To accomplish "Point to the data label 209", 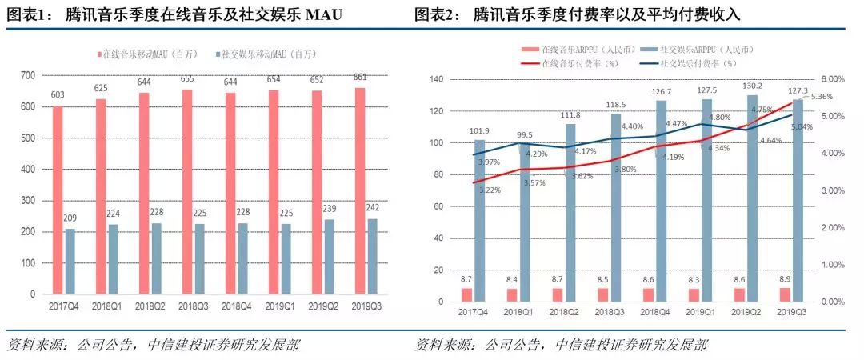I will (x=70, y=219).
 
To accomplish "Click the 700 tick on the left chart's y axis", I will (x=28, y=75).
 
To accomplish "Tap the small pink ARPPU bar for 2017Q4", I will (x=467, y=294).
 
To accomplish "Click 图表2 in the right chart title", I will (x=435, y=14).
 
